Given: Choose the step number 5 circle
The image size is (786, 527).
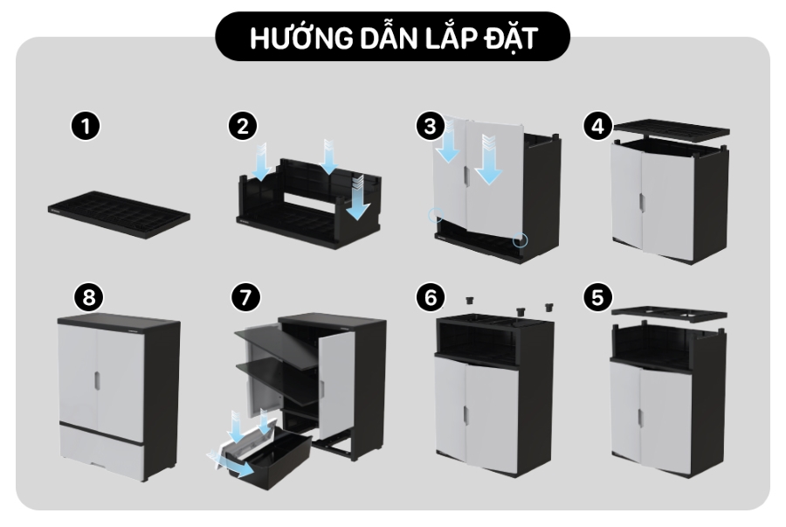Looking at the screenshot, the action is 598,297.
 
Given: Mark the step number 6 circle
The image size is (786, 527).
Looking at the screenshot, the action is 431,297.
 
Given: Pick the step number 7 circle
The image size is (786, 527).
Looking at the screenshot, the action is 245,297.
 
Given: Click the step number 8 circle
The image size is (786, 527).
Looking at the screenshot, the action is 89,297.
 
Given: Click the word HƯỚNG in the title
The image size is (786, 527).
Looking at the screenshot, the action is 300,38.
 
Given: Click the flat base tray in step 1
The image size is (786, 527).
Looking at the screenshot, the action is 120,214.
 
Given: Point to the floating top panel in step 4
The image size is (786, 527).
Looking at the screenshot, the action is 672,131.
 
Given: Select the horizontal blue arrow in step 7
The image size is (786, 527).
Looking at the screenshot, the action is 231,464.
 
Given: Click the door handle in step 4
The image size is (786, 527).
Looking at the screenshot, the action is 642,202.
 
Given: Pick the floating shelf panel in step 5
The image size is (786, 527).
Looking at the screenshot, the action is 670,314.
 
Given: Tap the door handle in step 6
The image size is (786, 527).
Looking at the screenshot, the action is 466,414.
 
